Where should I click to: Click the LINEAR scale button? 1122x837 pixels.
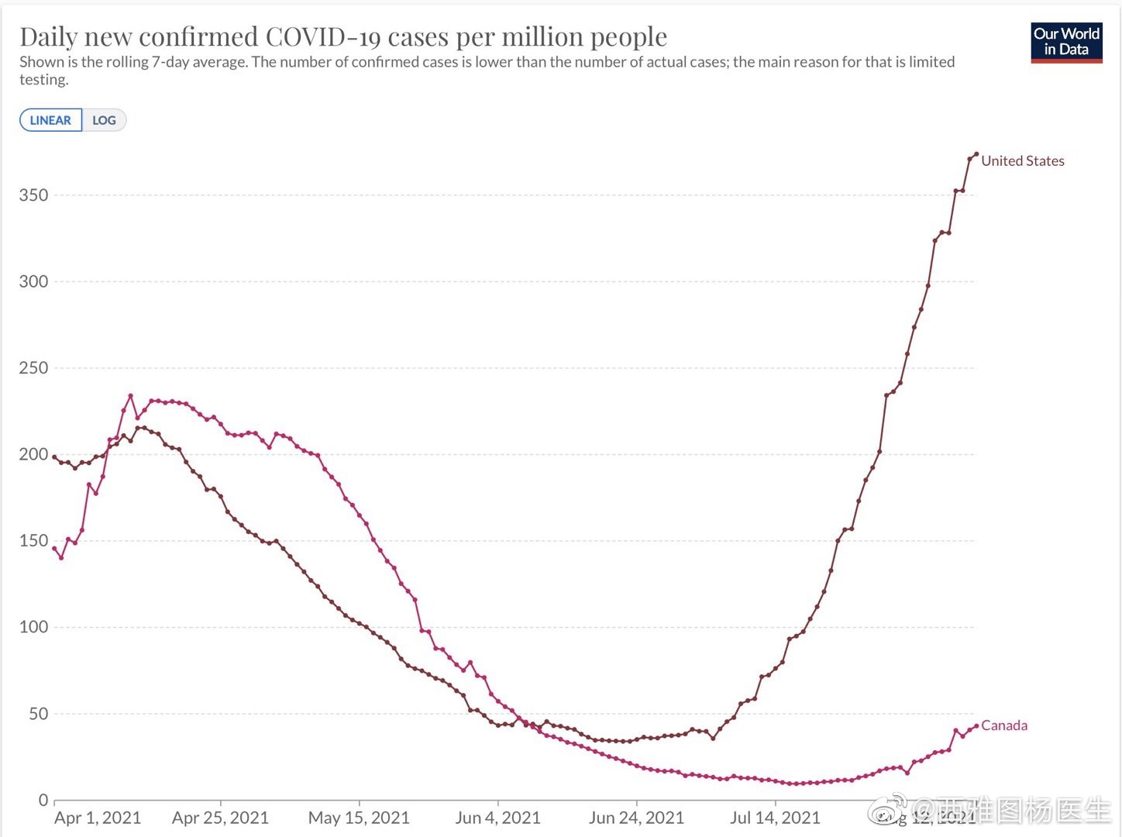pos(50,120)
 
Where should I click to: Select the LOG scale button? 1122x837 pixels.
pos(104,120)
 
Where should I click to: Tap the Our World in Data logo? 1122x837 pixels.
pos(1066,42)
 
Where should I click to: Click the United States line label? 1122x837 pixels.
pos(1022,161)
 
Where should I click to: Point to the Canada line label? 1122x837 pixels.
pos(1004,725)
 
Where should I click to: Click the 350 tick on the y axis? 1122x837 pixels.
pos(33,195)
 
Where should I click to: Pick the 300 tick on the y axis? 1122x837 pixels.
pos(33,281)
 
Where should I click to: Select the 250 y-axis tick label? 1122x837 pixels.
pos(33,368)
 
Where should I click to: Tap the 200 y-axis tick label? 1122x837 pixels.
pos(33,454)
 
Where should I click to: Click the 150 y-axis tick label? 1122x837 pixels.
pos(33,541)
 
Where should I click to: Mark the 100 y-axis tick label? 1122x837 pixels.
pos(33,627)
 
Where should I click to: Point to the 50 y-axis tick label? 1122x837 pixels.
pos(38,714)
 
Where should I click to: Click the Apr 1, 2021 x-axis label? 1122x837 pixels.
pos(98,818)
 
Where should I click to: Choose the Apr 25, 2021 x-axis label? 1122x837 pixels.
pos(220,818)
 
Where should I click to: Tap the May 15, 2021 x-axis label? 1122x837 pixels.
pos(359,818)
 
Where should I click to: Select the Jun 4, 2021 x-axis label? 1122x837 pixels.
pos(497,818)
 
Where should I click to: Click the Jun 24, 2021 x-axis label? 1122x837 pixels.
pos(636,818)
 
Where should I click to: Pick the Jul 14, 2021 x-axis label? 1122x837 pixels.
pos(775,818)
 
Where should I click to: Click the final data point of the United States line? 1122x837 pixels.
pos(976,154)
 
